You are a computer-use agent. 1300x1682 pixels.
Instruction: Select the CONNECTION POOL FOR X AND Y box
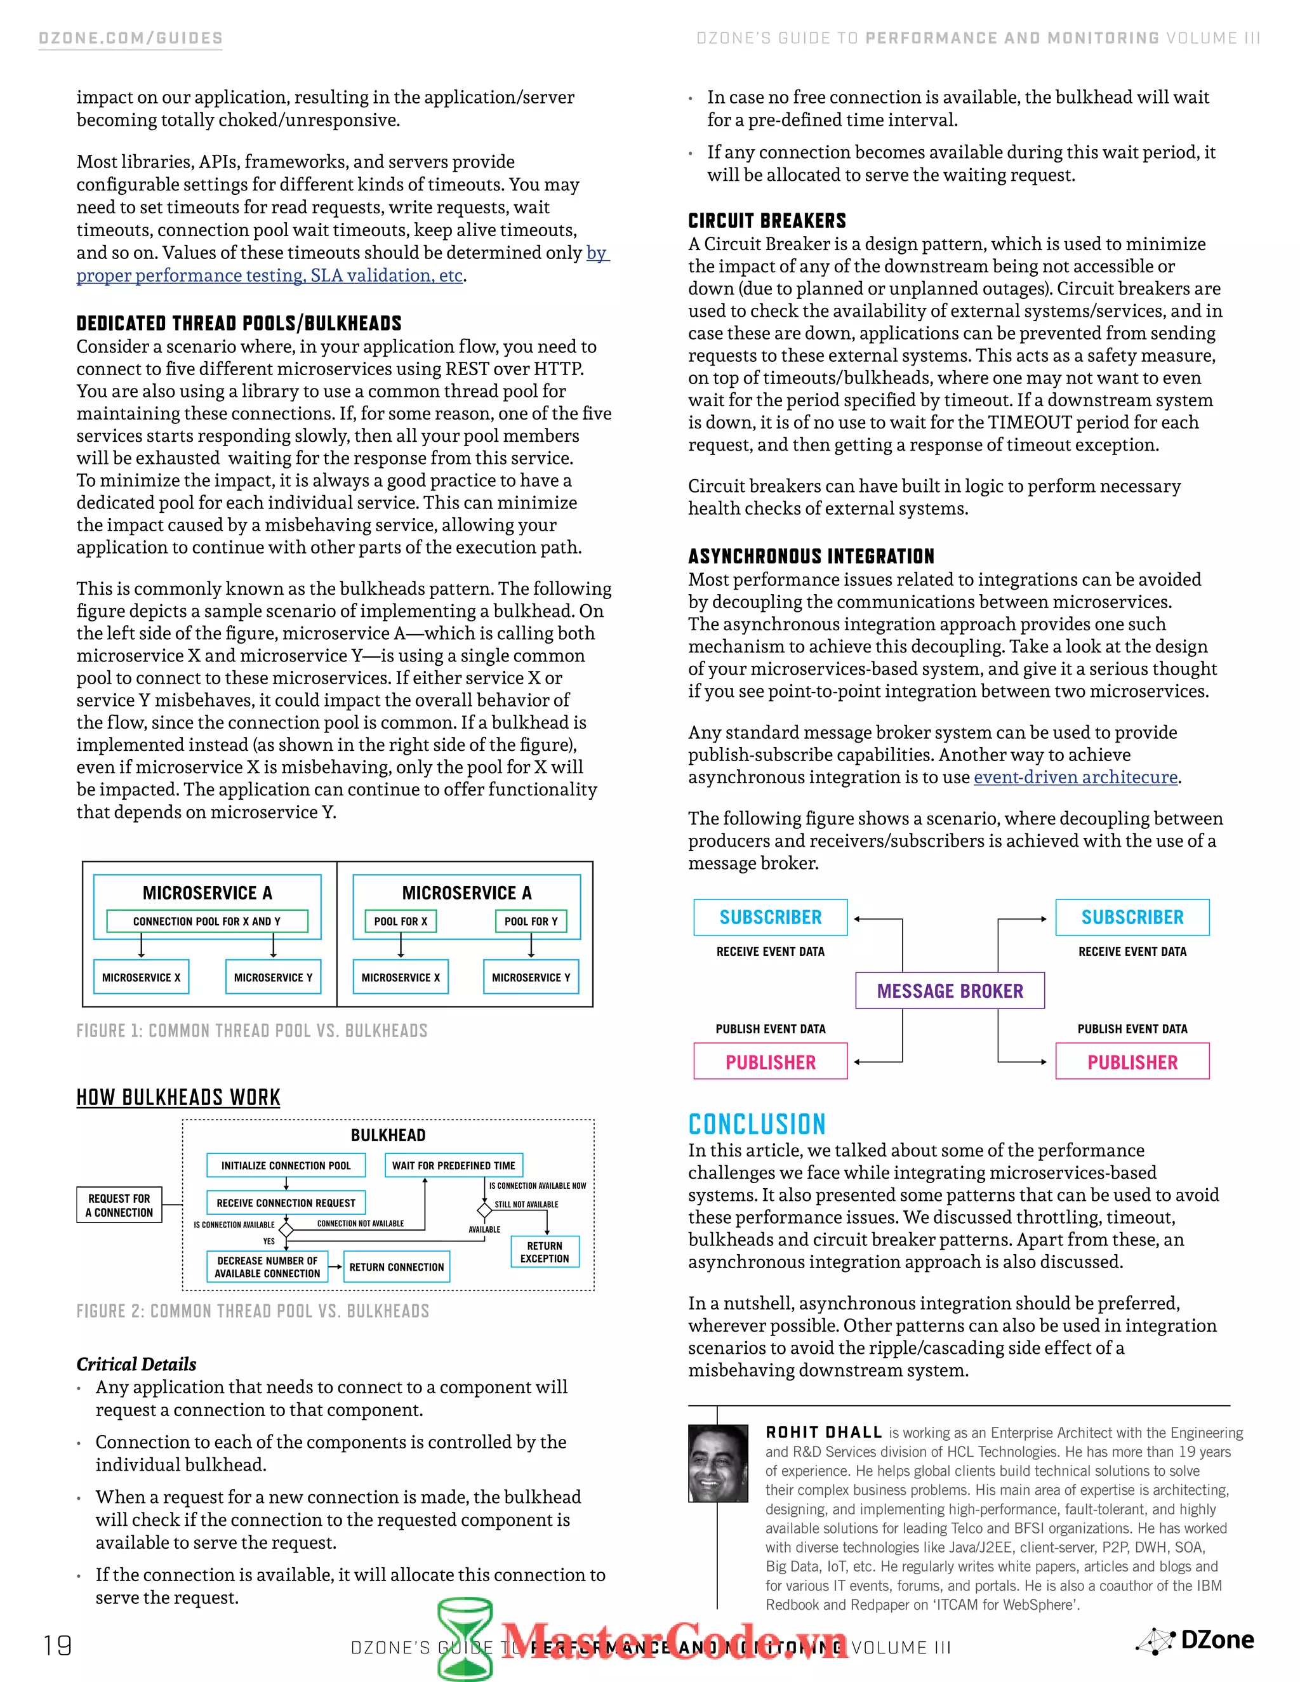[206, 921]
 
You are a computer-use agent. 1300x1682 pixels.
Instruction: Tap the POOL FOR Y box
[531, 921]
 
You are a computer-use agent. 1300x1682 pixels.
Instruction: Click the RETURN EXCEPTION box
[545, 1252]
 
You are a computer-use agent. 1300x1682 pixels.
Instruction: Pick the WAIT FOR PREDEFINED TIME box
[454, 1165]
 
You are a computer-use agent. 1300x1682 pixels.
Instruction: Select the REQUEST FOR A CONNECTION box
[119, 1205]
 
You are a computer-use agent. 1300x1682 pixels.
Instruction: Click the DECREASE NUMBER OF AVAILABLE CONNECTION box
[267, 1267]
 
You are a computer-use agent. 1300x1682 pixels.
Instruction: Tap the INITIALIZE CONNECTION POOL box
[286, 1165]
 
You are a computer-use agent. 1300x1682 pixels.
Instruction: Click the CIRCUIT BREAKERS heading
[766, 221]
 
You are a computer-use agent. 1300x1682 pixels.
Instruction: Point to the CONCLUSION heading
[756, 1125]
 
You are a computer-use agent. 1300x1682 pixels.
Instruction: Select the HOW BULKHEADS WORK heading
[178, 1097]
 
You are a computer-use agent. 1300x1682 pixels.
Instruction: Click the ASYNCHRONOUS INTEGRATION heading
[811, 556]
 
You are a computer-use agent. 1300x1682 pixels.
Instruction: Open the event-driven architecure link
[1075, 777]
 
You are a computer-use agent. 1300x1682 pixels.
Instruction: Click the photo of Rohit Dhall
[718, 1463]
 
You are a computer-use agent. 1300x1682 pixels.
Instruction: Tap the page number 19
[58, 1646]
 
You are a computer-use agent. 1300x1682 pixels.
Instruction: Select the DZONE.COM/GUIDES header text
[130, 39]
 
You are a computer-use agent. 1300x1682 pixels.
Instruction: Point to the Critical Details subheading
[136, 1364]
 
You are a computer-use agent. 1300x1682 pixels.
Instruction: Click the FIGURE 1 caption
[251, 1030]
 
